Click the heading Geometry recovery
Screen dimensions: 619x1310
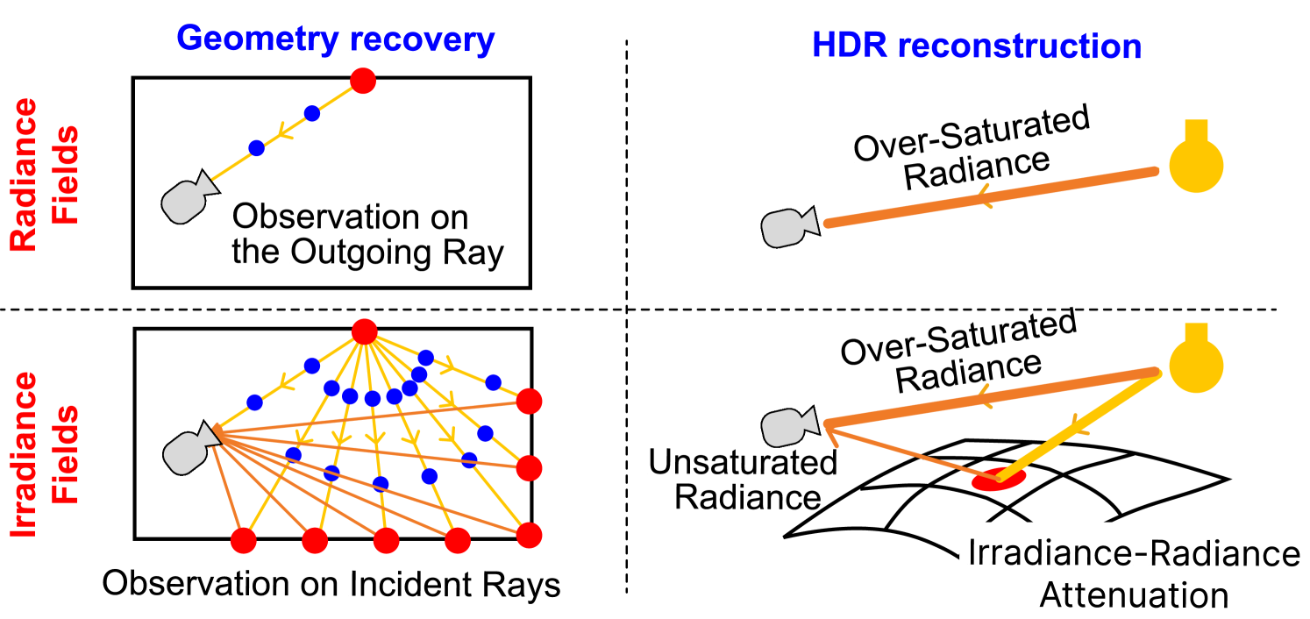(x=336, y=40)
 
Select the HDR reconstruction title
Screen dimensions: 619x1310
(x=977, y=46)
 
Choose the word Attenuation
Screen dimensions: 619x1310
(x=1133, y=595)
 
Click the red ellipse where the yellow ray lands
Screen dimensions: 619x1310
(x=993, y=480)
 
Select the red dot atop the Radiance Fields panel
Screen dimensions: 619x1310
(x=363, y=81)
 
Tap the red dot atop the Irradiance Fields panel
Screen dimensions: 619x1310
(x=364, y=331)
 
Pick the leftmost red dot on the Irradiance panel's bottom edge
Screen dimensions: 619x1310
(x=243, y=541)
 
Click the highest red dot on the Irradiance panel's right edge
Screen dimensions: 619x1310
(x=529, y=402)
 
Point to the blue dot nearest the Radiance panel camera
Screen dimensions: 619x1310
(x=256, y=148)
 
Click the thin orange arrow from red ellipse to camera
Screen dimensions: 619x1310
(x=903, y=452)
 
